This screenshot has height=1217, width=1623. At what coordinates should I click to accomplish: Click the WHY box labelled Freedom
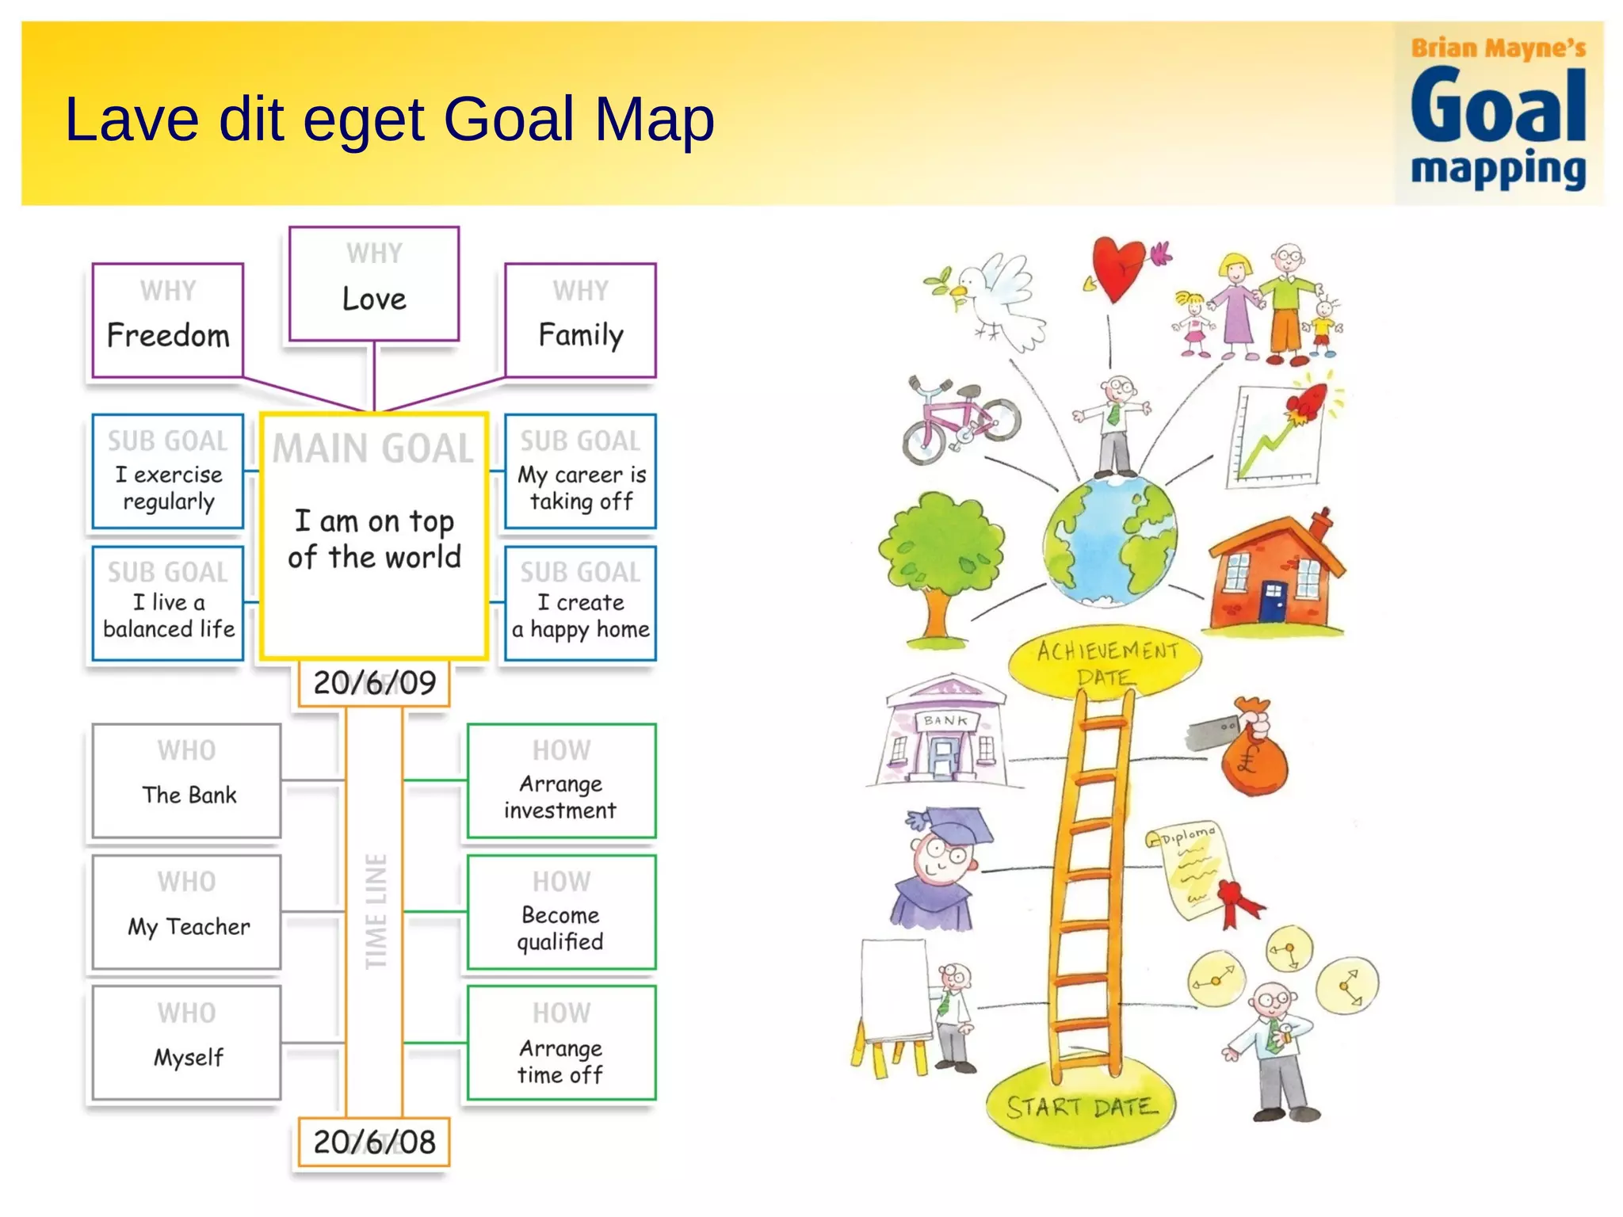coord(167,320)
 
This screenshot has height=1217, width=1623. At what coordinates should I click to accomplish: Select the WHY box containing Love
coord(374,284)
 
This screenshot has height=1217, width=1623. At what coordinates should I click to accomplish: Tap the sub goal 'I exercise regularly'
coord(167,471)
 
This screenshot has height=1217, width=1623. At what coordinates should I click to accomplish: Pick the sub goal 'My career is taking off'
coord(581,471)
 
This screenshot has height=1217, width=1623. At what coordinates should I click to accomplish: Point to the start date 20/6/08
coord(374,1142)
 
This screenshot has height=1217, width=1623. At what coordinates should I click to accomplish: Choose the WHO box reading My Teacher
coord(187,912)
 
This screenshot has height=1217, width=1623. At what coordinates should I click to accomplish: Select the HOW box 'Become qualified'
coord(561,912)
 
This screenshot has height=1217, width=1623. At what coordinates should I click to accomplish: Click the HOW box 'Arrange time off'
coord(561,1043)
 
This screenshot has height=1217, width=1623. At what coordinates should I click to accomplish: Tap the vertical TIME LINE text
coord(376,911)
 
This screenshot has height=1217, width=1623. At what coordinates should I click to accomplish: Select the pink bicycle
coord(960,420)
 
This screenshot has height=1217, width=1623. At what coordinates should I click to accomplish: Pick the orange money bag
coord(1252,753)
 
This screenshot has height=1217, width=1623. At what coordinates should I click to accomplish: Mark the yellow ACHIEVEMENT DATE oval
coord(1106,662)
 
